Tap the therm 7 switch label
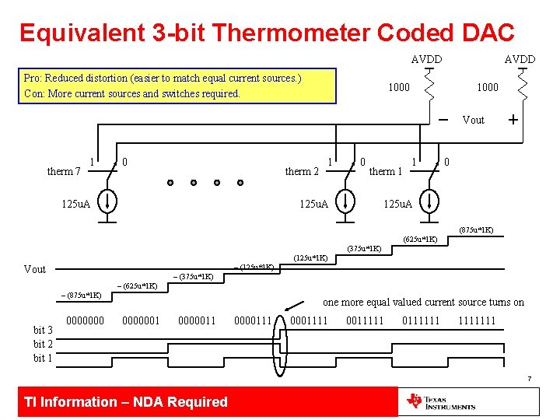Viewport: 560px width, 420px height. click(64, 171)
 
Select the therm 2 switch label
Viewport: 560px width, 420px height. click(302, 171)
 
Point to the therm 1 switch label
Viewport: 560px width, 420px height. click(385, 171)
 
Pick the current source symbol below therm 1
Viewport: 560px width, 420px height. click(429, 204)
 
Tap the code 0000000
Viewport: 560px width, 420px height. click(86, 320)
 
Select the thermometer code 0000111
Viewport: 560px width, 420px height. click(252, 320)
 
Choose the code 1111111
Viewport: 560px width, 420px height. click(477, 320)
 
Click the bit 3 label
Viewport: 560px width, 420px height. click(43, 330)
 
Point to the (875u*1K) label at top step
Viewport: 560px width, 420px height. click(475, 229)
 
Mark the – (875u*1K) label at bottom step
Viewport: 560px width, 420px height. click(80, 296)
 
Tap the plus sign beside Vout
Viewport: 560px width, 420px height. click(513, 120)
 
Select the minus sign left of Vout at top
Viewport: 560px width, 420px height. click(442, 120)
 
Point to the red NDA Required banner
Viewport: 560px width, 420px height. click(126, 401)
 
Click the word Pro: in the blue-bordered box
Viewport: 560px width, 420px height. click(33, 79)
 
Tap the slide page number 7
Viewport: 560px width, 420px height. click(529, 379)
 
